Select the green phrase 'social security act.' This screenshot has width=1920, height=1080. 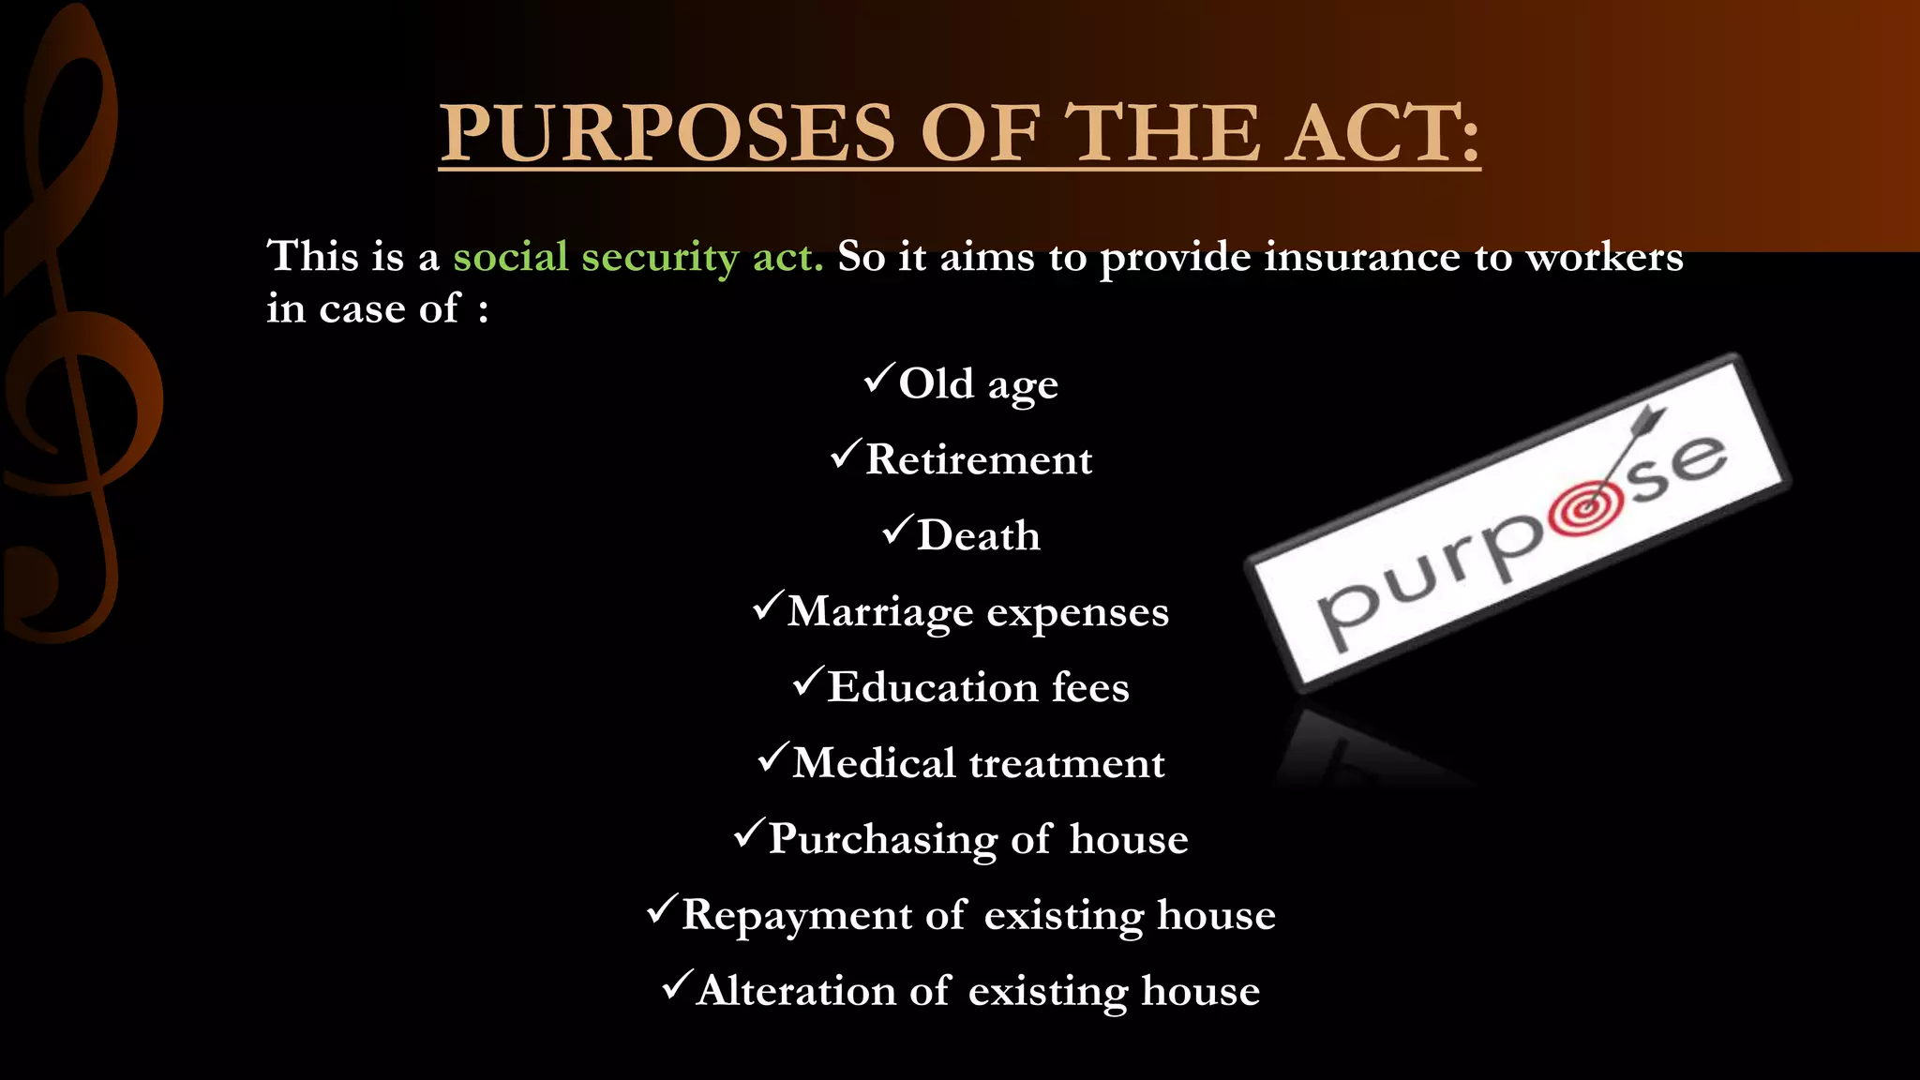point(637,257)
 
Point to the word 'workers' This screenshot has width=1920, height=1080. point(1605,257)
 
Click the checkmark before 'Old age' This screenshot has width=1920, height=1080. point(879,378)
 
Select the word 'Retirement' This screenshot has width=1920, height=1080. point(978,459)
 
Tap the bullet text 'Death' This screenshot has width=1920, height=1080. point(978,535)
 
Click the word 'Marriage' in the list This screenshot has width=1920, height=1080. point(880,612)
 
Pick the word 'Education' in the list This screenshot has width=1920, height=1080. point(932,687)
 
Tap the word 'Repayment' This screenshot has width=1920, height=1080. point(796,915)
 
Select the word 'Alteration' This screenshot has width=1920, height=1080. point(796,991)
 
